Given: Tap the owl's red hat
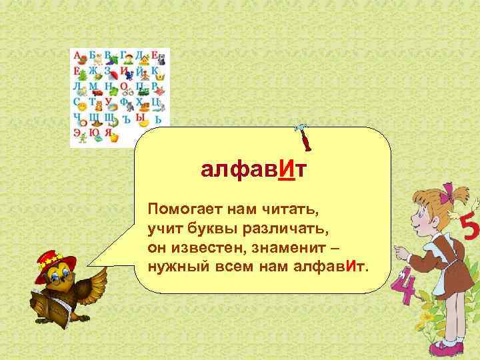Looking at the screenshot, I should [56, 258].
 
